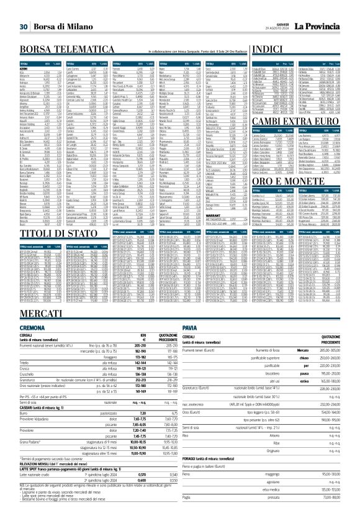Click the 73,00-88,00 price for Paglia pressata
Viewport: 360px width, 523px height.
(x=327, y=514)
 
